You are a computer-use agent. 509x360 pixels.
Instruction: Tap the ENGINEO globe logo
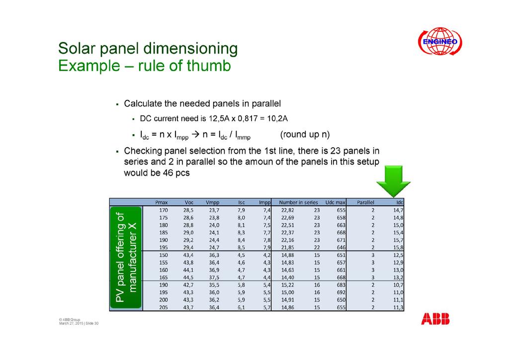pos(440,41)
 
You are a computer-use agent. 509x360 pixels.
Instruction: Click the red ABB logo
pos(435,319)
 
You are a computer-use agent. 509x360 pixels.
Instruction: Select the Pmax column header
pos(162,202)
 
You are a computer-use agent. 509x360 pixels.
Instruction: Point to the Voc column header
pos(189,202)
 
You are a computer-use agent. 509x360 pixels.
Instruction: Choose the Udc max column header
pos(336,202)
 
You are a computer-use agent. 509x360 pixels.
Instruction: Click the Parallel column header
pos(365,202)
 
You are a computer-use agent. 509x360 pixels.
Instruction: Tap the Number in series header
pos(299,202)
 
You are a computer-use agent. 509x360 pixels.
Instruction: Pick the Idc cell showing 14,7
pos(398,210)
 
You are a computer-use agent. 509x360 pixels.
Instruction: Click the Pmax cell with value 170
pos(163,210)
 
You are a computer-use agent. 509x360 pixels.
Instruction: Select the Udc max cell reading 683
pos(341,285)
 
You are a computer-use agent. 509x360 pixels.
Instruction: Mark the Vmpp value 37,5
pos(214,277)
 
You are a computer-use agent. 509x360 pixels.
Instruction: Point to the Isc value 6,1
pos(241,307)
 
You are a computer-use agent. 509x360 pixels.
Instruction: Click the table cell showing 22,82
pos(288,210)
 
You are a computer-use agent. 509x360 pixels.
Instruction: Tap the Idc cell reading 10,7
pos(398,285)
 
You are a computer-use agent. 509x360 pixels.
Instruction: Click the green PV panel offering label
pos(126,257)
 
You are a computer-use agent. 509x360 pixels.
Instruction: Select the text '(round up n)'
pos(305,134)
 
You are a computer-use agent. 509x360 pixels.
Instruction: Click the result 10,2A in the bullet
pos(277,118)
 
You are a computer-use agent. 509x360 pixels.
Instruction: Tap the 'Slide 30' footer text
pos(92,323)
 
